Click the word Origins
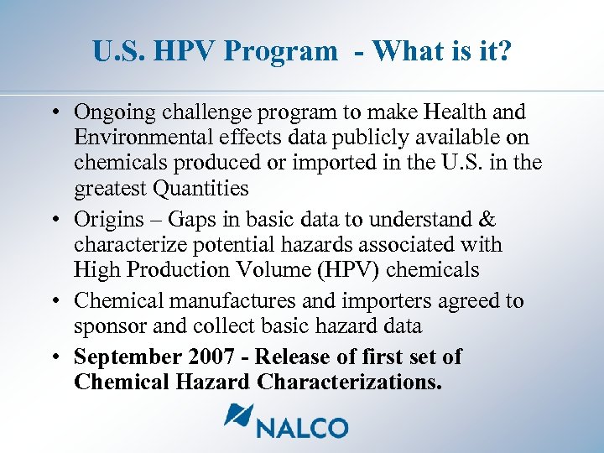(109, 219)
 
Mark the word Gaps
(192, 219)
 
